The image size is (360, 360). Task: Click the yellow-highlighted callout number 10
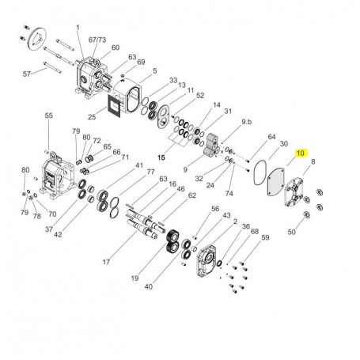pyautogui.click(x=301, y=153)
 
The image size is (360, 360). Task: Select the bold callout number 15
pyautogui.click(x=161, y=157)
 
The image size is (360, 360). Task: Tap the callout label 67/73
pyautogui.click(x=97, y=40)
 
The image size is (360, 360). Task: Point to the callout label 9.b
pyautogui.click(x=247, y=122)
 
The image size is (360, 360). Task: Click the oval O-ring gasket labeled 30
pyautogui.click(x=260, y=172)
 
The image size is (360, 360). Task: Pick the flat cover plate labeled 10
pyautogui.click(x=275, y=183)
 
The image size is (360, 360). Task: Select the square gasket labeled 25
pyautogui.click(x=114, y=106)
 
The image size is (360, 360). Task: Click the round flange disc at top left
pyautogui.click(x=37, y=40)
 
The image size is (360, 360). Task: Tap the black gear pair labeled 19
pyautogui.click(x=173, y=240)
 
